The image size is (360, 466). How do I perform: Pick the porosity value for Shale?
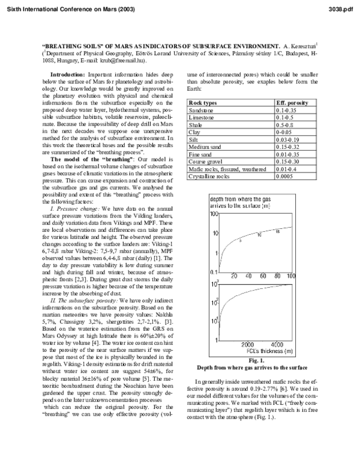click(x=284, y=125)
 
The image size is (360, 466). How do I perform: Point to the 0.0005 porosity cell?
click(x=284, y=176)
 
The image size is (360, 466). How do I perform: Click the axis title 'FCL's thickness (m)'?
click(x=257, y=351)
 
